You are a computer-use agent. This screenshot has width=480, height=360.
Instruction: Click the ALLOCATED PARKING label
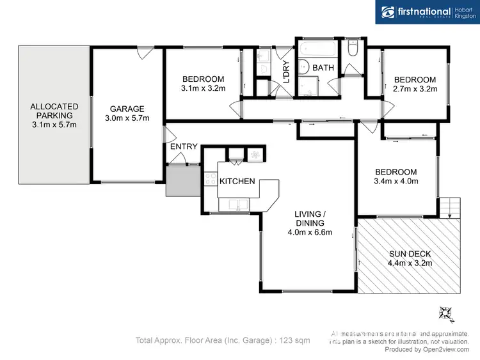[x=54, y=111]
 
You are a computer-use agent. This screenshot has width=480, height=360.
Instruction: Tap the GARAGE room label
[x=126, y=109]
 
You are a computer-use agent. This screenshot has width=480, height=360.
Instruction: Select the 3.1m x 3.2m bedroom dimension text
[x=203, y=89]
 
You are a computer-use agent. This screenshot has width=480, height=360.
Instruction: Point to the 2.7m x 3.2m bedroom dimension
[x=414, y=89]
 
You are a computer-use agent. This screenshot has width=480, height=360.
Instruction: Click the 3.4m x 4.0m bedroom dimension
[x=396, y=181]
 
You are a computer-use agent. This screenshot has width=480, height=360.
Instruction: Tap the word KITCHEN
[x=237, y=182]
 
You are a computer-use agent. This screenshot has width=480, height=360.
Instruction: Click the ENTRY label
[x=184, y=147]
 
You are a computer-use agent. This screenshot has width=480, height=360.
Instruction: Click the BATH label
[x=323, y=67]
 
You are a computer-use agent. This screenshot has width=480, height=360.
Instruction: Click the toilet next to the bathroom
[x=353, y=49]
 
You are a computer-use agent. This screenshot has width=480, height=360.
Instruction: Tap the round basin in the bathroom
[x=305, y=66]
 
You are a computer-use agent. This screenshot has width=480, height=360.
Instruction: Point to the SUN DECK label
[x=410, y=253]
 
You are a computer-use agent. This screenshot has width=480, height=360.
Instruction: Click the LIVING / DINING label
[x=310, y=223]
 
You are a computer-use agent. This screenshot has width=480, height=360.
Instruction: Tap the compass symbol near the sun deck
[x=445, y=313]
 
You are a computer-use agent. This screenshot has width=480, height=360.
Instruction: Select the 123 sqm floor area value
[x=296, y=341]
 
